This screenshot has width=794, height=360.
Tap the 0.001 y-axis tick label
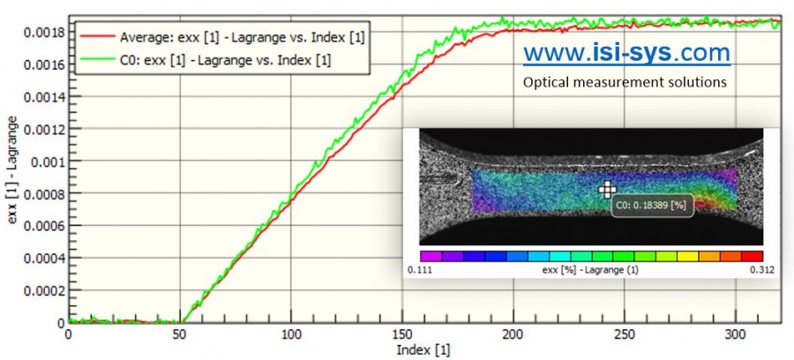(49, 161)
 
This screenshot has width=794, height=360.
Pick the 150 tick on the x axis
(402, 335)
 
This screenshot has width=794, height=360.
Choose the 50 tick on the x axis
(180, 335)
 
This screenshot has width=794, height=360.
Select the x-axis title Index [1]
(422, 350)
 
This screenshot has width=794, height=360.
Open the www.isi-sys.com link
(626, 54)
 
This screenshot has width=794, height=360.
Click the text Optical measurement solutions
(625, 82)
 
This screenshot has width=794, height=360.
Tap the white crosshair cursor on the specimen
(606, 190)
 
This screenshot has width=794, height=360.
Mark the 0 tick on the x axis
(69, 335)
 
